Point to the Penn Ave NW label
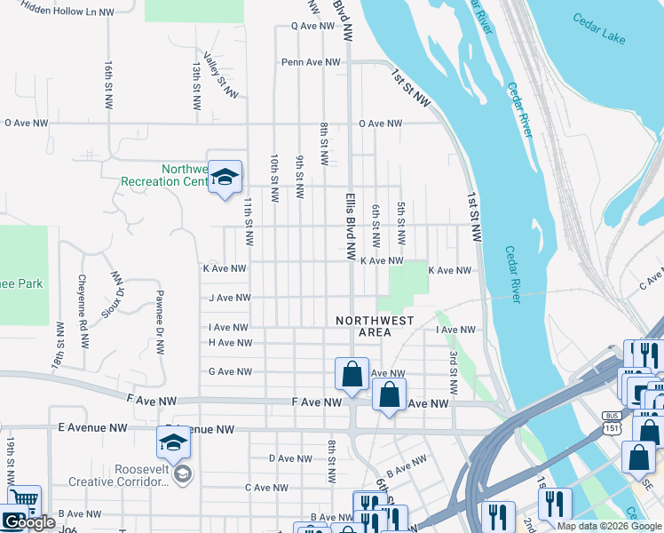pyautogui.click(x=311, y=62)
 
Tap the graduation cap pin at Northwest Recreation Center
pyautogui.click(x=225, y=177)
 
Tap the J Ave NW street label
pyautogui.click(x=230, y=298)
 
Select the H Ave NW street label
pyautogui.click(x=230, y=342)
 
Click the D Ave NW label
pyautogui.click(x=290, y=459)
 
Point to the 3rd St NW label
pyautogui.click(x=453, y=372)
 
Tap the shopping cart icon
pyautogui.click(x=24, y=502)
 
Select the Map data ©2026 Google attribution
pyautogui.click(x=609, y=526)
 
